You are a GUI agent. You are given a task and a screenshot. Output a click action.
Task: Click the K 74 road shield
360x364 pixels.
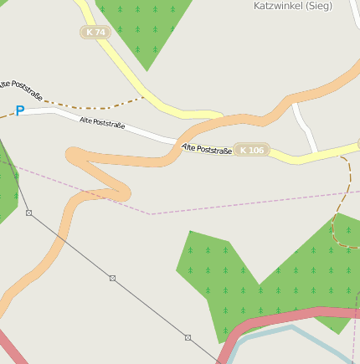(96, 32)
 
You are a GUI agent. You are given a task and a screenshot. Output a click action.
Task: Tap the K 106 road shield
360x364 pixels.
(251, 150)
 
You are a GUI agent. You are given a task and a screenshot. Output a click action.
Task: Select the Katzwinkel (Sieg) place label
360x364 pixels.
(292, 5)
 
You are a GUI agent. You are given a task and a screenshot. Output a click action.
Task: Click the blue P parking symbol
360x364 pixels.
(19, 110)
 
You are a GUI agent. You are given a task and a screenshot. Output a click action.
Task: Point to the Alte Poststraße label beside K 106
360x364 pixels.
(206, 149)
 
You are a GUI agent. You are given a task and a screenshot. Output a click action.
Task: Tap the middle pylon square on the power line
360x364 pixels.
(112, 278)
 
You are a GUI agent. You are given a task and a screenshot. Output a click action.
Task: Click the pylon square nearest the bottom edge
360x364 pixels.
(188, 337)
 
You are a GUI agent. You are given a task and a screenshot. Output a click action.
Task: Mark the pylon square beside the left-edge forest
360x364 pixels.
(28, 213)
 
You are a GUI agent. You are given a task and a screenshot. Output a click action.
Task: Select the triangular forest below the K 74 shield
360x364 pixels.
(142, 29)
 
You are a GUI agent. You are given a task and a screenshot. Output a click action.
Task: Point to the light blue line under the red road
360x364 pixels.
(276, 331)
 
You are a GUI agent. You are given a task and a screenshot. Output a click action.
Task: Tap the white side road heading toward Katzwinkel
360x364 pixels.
(306, 126)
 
